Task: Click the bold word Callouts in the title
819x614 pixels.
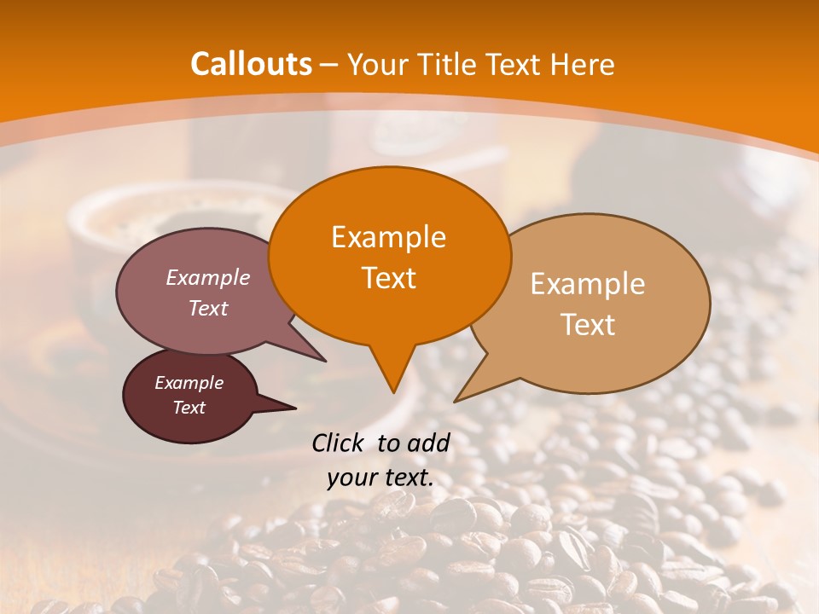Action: [251, 64]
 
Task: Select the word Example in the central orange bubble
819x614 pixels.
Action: [388, 237]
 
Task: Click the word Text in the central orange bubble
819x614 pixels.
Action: [388, 278]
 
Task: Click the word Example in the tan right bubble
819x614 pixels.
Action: [588, 284]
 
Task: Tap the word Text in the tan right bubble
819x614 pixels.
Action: [588, 325]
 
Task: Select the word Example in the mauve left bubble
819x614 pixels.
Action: [208, 277]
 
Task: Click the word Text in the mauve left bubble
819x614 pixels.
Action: [208, 308]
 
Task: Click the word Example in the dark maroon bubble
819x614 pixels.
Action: [189, 383]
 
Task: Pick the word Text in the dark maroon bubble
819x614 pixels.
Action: [189, 408]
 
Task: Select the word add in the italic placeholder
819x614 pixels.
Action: [430, 443]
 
